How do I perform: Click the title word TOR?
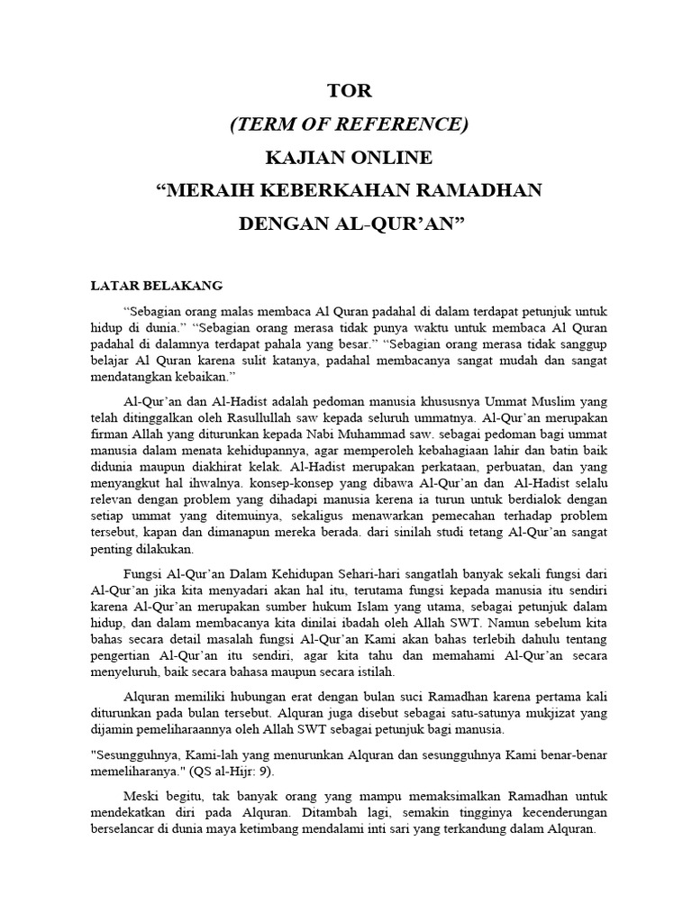(346, 92)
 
